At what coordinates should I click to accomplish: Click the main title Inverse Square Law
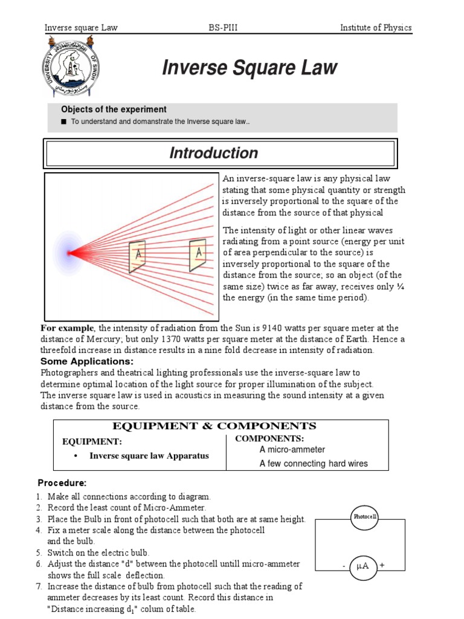[249, 68]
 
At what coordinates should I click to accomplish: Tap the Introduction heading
[213, 154]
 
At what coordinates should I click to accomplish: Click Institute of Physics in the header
[375, 27]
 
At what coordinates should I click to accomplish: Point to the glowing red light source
[69, 253]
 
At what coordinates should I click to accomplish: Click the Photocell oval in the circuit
[366, 517]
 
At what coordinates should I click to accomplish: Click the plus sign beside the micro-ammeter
[382, 565]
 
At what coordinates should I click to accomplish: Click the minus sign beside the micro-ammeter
[343, 566]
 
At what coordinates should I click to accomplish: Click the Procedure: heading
[62, 483]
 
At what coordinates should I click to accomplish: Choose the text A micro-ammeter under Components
[292, 450]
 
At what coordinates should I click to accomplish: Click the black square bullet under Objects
[63, 122]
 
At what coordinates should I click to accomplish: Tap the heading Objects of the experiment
[114, 109]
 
